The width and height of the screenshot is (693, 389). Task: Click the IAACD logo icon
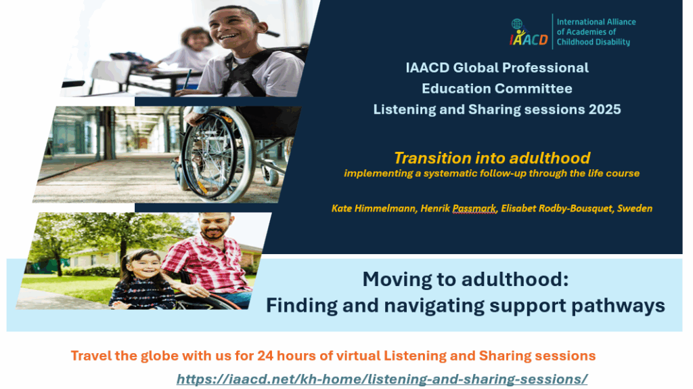[529, 33]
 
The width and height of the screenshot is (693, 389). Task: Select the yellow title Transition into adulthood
[492, 158]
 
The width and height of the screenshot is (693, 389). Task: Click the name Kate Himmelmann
[374, 208]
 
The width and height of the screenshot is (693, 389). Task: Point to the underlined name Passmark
[474, 209]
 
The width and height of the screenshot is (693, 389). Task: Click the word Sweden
[635, 208]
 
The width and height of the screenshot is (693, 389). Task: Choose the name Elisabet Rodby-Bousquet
[558, 209]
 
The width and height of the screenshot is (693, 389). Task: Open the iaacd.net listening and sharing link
[382, 380]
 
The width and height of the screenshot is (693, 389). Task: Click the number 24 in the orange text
[265, 356]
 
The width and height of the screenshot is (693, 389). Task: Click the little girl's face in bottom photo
[145, 265]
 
